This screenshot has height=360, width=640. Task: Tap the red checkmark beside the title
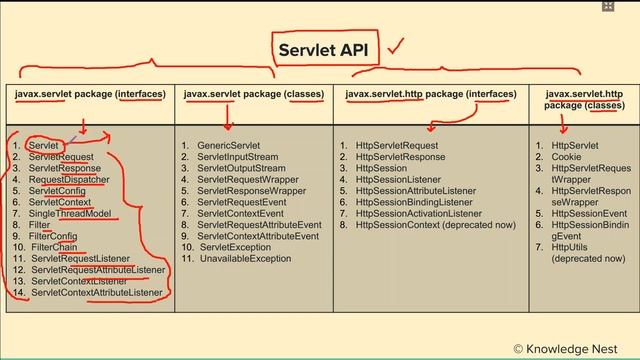click(396, 45)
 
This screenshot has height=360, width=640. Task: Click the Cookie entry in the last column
click(568, 157)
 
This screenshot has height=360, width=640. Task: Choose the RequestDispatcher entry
click(70, 180)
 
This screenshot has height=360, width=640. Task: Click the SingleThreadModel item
click(71, 213)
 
